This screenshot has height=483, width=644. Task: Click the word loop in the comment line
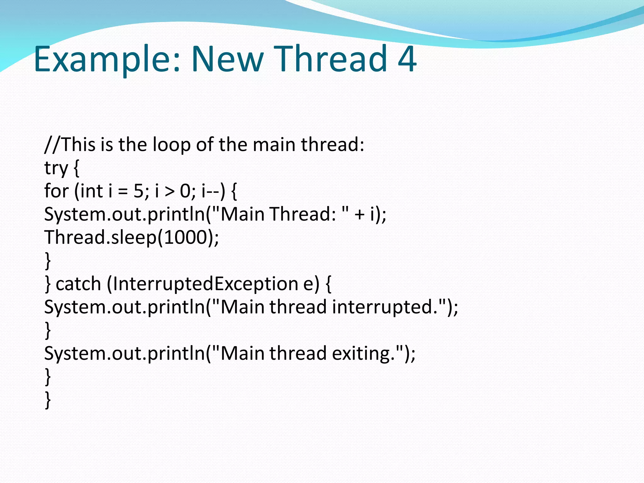click(x=171, y=145)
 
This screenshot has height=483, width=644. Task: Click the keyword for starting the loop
click(x=56, y=191)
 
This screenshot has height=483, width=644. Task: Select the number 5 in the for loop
click(x=138, y=191)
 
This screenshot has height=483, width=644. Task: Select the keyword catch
click(x=78, y=284)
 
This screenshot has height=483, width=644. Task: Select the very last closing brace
click(x=48, y=400)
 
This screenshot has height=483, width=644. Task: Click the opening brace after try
click(x=76, y=169)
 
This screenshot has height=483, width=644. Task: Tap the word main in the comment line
click(x=274, y=145)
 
